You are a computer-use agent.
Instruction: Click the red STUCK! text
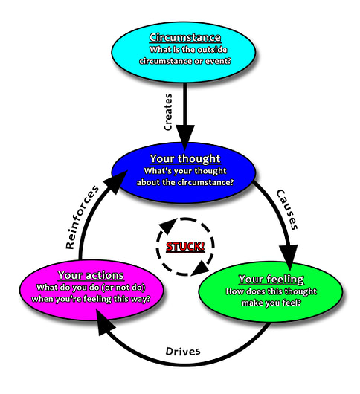(185, 246)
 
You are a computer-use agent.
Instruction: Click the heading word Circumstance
(184, 37)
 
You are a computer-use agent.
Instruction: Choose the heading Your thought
(185, 159)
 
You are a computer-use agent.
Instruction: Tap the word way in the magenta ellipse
(136, 299)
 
